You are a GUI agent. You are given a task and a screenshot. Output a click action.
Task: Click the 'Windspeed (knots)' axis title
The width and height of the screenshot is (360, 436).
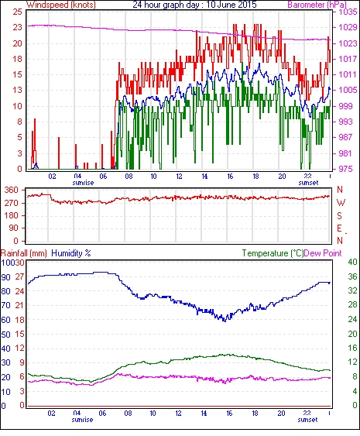[60, 5]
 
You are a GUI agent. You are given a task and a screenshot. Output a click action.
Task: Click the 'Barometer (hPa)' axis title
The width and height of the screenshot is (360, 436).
[317, 5]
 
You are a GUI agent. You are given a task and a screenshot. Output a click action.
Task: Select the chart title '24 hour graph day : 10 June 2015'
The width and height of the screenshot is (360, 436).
[194, 5]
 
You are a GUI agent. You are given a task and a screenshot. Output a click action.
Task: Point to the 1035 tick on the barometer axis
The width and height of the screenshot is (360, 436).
[348, 12]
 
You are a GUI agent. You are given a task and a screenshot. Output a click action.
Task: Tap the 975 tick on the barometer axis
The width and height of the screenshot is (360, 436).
[346, 169]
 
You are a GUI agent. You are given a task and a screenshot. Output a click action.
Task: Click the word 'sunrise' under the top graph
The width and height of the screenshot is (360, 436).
[83, 183]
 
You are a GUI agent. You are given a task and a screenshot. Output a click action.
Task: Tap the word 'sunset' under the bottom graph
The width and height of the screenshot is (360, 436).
[307, 419]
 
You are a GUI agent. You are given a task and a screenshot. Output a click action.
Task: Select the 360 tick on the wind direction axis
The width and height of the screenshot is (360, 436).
[12, 191]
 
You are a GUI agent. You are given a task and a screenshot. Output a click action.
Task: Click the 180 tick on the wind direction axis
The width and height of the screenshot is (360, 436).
[12, 215]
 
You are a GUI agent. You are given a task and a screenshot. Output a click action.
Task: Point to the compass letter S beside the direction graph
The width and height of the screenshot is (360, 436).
[339, 215]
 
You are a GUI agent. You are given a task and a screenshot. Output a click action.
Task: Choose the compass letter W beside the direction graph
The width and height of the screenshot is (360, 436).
[341, 203]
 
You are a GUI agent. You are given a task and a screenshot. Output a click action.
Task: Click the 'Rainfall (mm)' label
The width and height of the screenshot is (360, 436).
[23, 253]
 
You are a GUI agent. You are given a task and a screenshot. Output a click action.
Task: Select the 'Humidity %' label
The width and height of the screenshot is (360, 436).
[71, 253]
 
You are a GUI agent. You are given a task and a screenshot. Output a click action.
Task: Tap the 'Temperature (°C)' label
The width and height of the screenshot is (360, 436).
[273, 253]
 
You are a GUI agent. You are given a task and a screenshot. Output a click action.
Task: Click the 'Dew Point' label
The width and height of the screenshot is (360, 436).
[323, 253]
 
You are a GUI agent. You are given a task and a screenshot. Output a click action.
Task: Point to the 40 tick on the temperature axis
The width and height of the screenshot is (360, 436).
[353, 262]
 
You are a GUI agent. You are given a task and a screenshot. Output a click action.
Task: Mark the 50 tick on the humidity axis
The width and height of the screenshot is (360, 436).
[5, 335]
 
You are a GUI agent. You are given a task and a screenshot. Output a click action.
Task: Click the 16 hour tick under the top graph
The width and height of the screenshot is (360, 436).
[230, 177]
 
